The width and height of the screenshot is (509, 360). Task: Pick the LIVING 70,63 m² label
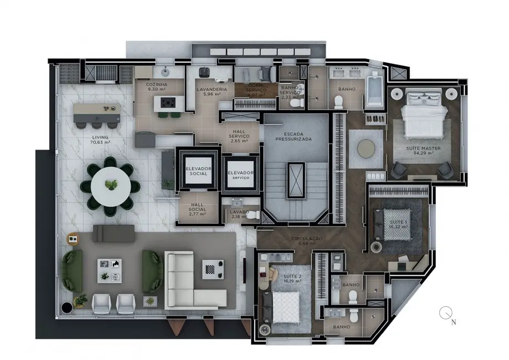pos(100,139)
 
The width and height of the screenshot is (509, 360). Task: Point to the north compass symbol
pos(446,313)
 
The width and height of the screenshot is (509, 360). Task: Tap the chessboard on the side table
pos(213,268)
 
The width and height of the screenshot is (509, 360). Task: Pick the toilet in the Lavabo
pos(252,215)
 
